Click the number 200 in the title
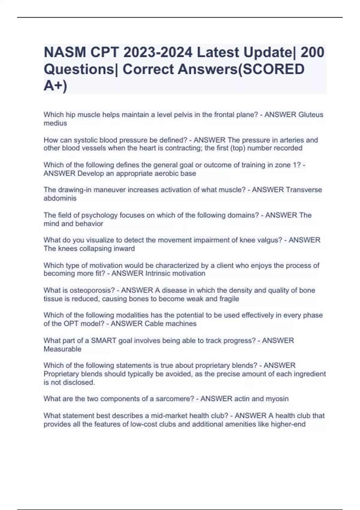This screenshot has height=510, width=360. (312, 52)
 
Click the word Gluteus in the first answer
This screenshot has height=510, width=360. (311, 115)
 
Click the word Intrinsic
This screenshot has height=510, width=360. (160, 274)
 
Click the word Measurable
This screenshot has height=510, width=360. (62, 349)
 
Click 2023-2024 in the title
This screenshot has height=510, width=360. (158, 52)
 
